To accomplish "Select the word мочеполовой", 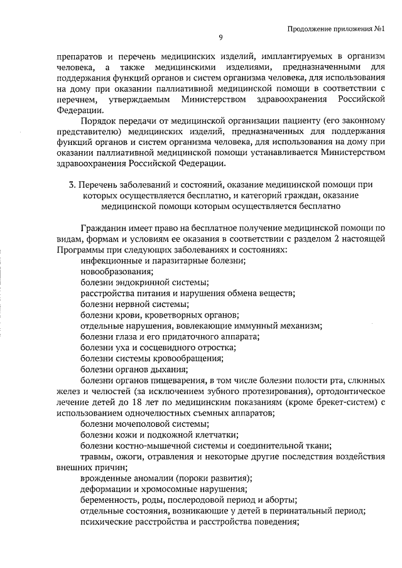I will point(136,425).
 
